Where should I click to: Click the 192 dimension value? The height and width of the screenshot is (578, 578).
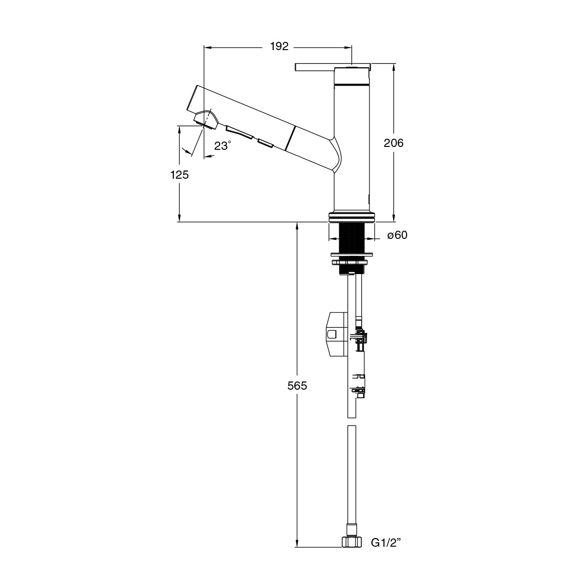(279, 47)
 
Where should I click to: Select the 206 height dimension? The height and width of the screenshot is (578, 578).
(394, 143)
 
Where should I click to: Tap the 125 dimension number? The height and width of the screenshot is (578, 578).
(179, 175)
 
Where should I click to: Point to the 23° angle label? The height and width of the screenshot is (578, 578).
(223, 145)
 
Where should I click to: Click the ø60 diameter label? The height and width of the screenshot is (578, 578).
(397, 235)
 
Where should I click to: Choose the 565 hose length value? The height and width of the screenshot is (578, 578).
(297, 385)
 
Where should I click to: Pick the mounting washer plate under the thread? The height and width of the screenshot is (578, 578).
(351, 254)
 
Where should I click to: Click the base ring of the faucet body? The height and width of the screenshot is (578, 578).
(351, 217)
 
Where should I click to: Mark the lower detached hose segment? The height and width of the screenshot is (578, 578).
(352, 472)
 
